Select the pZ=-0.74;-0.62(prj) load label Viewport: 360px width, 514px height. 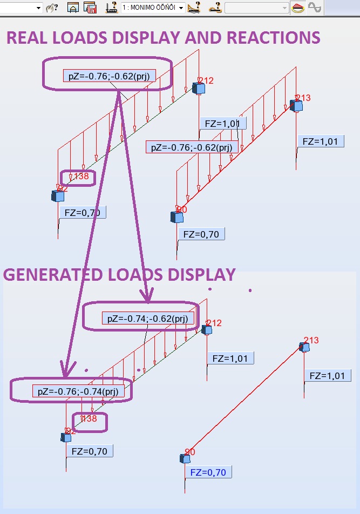coord(147,319)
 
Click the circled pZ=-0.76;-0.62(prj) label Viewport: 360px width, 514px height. coord(109,76)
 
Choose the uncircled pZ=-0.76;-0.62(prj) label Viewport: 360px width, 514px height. coord(192,147)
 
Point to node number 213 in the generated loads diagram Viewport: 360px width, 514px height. coord(311,340)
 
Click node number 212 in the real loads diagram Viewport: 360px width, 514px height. coord(206,81)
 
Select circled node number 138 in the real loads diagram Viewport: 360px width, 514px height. coord(81,176)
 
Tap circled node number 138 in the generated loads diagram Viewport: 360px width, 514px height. coord(89,418)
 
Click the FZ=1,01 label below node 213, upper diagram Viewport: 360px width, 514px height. coord(321,141)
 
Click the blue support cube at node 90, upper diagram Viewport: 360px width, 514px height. coord(176,217)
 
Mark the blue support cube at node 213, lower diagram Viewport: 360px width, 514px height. coord(305,347)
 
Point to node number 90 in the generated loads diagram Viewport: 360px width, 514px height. coord(189,452)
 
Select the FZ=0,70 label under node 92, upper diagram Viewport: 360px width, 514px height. coord(82,212)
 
